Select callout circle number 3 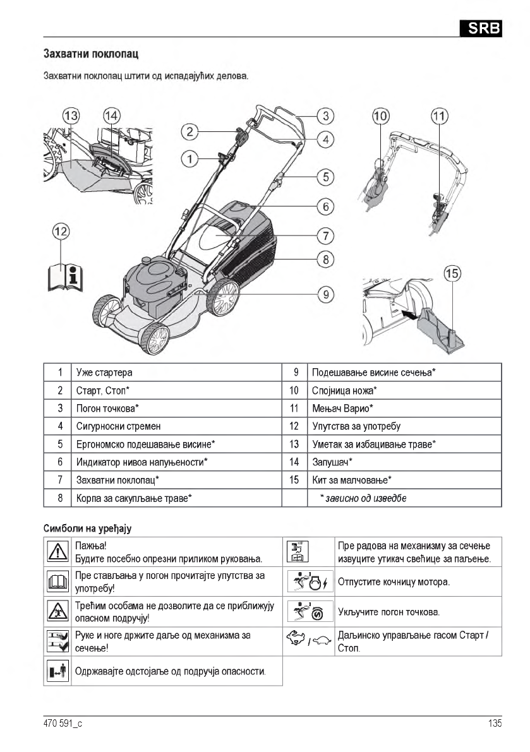pyautogui.click(x=325, y=116)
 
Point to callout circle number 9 pyautogui.click(x=325, y=294)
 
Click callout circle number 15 pyautogui.click(x=452, y=274)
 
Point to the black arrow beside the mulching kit pyautogui.click(x=409, y=313)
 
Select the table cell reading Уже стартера pyautogui.click(x=104, y=373)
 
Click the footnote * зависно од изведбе pyautogui.click(x=363, y=498)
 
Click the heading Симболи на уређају pyautogui.click(x=87, y=527)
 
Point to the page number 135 pyautogui.click(x=495, y=724)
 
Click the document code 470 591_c pyautogui.click(x=63, y=724)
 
